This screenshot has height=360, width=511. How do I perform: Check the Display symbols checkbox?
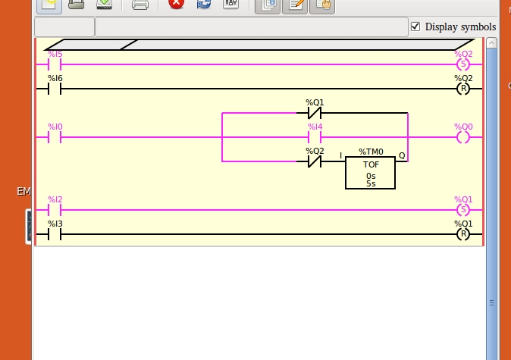415,27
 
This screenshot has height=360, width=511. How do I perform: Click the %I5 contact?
55,64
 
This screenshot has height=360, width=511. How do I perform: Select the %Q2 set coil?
462,64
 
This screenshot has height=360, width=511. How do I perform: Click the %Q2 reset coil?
462,89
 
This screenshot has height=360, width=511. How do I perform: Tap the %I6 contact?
55,89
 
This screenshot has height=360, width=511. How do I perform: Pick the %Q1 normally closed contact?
315,113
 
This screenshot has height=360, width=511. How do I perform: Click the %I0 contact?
55,137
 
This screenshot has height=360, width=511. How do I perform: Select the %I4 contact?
315,137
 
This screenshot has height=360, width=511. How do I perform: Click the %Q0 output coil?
462,137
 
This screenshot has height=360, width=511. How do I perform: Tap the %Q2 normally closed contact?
315,161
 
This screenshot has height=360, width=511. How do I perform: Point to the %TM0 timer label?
371,152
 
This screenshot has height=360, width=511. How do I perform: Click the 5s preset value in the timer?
371,183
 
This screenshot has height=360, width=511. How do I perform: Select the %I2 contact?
55,210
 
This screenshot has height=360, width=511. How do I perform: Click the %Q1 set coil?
462,210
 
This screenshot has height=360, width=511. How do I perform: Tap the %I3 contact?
55,234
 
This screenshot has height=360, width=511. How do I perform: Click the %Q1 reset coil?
462,234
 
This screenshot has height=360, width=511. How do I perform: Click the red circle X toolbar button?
176,4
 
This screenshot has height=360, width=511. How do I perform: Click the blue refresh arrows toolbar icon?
203,4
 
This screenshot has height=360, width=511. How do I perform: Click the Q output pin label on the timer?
402,156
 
